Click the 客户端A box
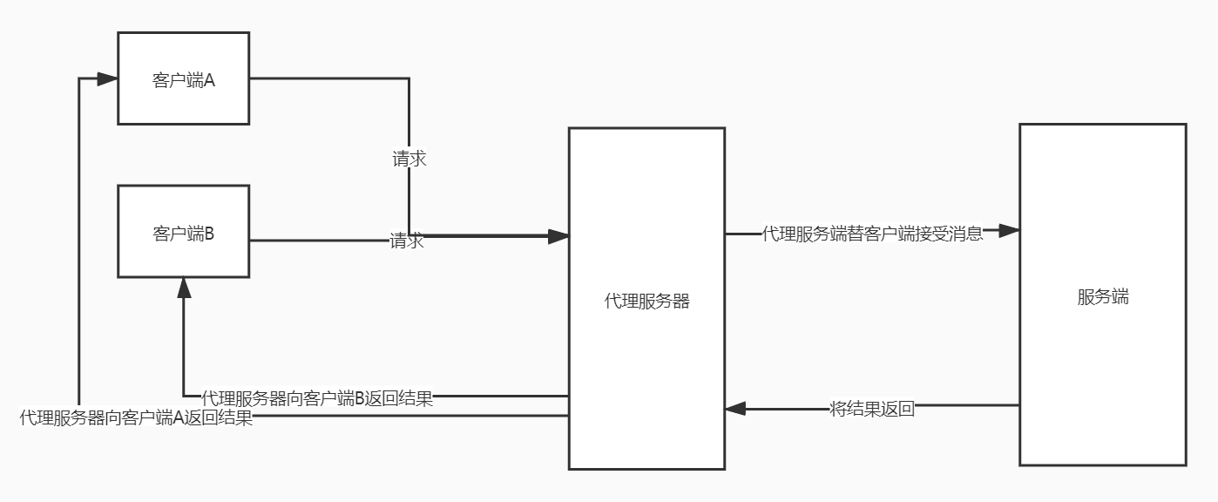coord(183,78)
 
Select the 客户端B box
coord(183,232)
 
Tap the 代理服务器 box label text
coord(646,302)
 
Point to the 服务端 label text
coord(1102,297)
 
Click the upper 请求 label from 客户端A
coord(409,159)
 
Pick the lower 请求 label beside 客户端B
coord(407,241)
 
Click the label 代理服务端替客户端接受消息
coord(872,234)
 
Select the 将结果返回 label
coord(872,409)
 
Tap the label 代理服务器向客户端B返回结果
coord(317,399)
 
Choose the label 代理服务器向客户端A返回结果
coord(136,418)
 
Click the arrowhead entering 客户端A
coord(108,78)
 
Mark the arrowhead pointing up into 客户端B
coord(184,288)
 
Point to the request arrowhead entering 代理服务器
coord(558,235)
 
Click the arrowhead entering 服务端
coord(1009,231)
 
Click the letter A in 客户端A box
coord(209,81)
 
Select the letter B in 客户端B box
coord(209,234)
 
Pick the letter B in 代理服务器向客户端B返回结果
coord(359,399)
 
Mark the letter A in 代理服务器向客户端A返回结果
coord(179,418)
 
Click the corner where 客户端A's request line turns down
coord(409,78)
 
